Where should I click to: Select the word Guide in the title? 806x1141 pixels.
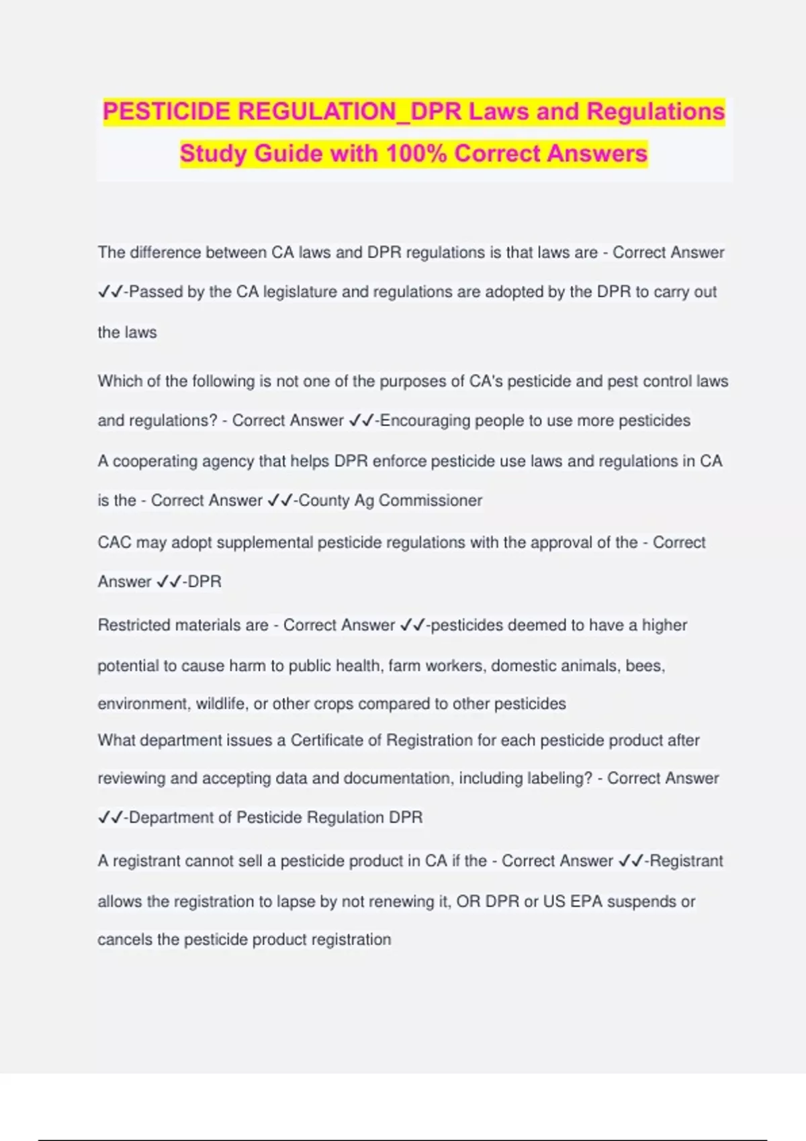click(288, 154)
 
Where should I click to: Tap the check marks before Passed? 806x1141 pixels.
click(110, 292)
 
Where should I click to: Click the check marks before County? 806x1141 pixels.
click(279, 501)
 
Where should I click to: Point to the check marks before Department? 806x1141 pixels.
click(110, 817)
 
